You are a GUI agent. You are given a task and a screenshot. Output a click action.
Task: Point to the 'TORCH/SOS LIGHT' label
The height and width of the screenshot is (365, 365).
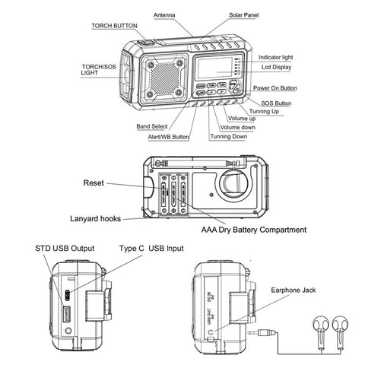[98, 71]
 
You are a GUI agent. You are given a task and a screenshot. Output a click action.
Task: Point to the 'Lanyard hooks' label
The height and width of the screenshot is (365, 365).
[94, 218]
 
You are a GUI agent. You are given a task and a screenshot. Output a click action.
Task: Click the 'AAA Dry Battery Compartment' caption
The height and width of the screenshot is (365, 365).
[254, 229]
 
